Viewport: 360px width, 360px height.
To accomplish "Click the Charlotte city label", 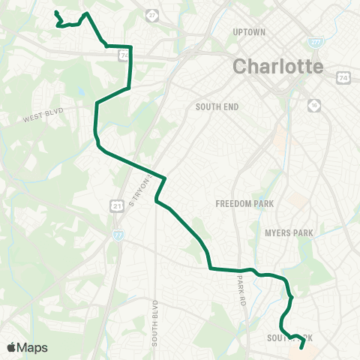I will pyautogui.click(x=278, y=65).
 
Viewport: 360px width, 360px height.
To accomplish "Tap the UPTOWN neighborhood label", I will pyautogui.click(x=250, y=32).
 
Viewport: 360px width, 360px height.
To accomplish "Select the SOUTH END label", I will pyautogui.click(x=217, y=107).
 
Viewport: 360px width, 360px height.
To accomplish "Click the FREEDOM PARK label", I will pyautogui.click(x=244, y=203).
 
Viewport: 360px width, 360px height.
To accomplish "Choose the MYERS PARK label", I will pyautogui.click(x=289, y=233).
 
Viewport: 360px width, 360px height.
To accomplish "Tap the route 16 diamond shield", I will pyautogui.click(x=312, y=104).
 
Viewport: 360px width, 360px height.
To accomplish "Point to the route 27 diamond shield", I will pyautogui.click(x=152, y=15).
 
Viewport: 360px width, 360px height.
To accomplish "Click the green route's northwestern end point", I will pyautogui.click(x=56, y=12).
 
